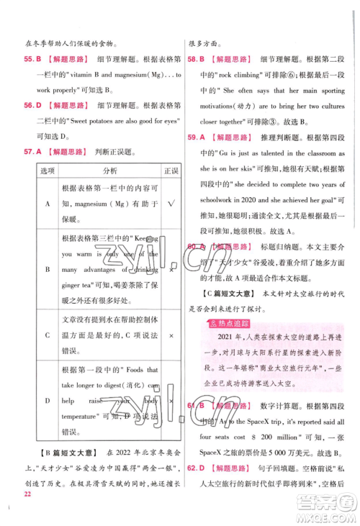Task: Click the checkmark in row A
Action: (171, 204)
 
